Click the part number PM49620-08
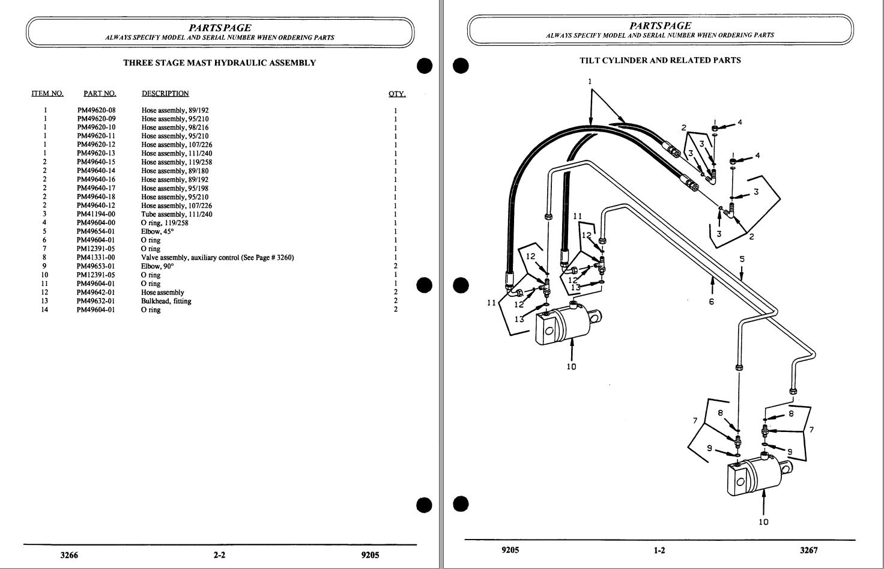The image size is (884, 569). coord(96,111)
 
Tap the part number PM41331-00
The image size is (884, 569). coord(96,258)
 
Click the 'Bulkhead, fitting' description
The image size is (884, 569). coord(166,301)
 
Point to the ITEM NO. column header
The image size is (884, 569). coord(47,94)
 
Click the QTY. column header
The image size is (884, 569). coord(397,94)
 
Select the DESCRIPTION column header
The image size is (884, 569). coord(165,94)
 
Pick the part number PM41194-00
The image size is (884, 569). coord(96,215)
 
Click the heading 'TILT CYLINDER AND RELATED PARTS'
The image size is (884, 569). coord(660,60)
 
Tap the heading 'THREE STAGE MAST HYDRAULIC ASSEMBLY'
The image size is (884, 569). coord(219,62)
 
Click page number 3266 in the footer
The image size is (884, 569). coord(69,555)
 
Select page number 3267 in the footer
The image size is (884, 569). coord(808,550)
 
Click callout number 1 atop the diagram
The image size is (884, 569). coord(590,81)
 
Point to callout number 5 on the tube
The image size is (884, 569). coord(742,260)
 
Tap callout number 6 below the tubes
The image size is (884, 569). coord(711,302)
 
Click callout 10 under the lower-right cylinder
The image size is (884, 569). coord(763,522)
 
